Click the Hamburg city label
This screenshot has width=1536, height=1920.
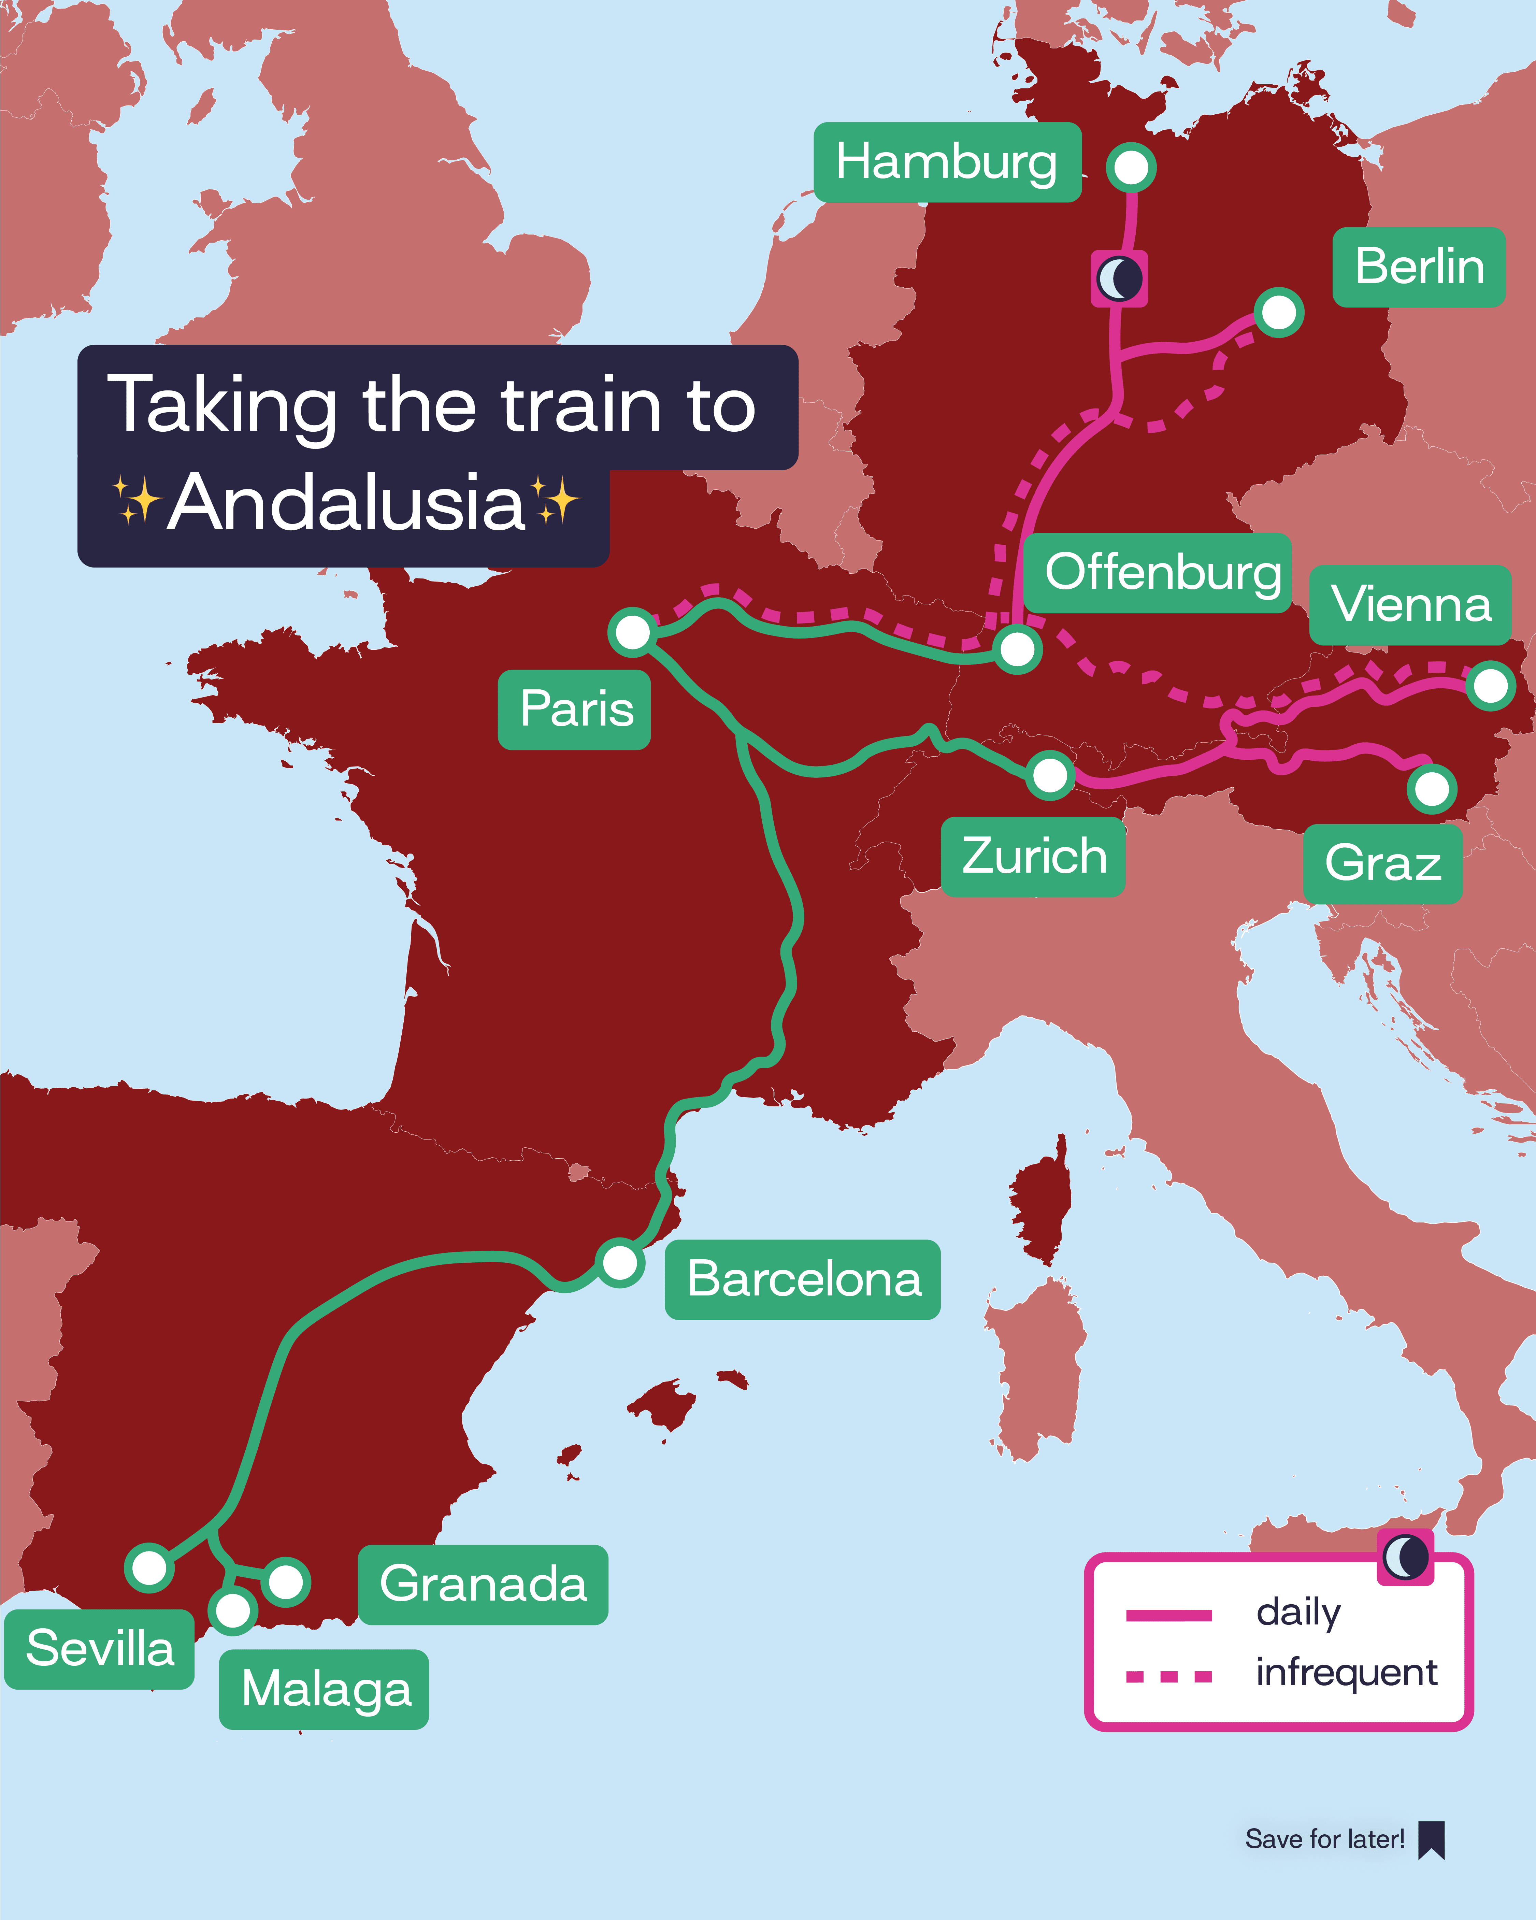click(947, 162)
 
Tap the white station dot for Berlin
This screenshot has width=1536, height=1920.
click(1279, 312)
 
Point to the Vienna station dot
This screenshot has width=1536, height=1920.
click(1491, 686)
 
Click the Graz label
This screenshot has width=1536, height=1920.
click(1382, 863)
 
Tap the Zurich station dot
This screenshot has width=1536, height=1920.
click(1050, 775)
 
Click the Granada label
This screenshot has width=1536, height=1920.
click(483, 1584)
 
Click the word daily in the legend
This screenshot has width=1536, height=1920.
click(1297, 1613)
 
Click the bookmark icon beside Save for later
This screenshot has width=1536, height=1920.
click(1431, 1840)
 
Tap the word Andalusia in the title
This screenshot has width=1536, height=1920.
click(346, 503)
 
